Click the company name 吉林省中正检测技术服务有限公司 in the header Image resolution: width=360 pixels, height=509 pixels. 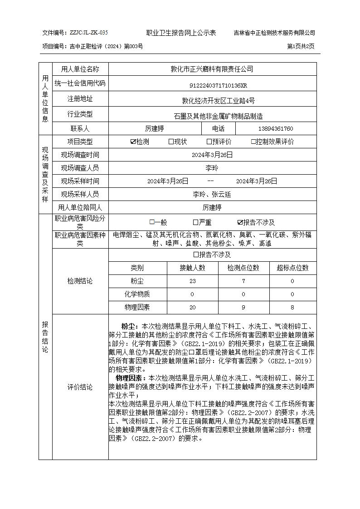(x=274, y=33)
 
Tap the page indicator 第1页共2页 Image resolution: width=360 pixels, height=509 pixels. (x=301, y=46)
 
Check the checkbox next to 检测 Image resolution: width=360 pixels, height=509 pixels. (x=133, y=142)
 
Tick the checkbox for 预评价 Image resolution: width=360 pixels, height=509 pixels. (x=209, y=142)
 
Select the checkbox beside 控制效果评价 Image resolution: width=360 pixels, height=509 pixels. (x=253, y=142)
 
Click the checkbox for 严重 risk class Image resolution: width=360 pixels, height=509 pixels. (x=195, y=222)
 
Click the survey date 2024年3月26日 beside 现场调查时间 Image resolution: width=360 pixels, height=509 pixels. (x=212, y=155)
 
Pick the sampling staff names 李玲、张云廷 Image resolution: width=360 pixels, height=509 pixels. (x=212, y=194)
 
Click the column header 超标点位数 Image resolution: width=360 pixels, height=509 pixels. (x=292, y=268)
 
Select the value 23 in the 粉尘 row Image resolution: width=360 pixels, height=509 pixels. (x=193, y=281)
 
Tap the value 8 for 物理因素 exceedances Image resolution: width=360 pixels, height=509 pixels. (x=292, y=308)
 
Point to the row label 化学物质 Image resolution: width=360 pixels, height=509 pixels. (x=137, y=294)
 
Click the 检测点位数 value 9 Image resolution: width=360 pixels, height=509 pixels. (x=243, y=308)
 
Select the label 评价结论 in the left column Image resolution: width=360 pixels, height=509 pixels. (x=80, y=387)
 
